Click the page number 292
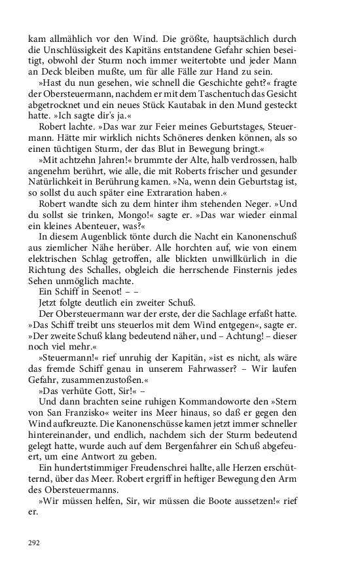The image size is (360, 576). pyautogui.click(x=34, y=543)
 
